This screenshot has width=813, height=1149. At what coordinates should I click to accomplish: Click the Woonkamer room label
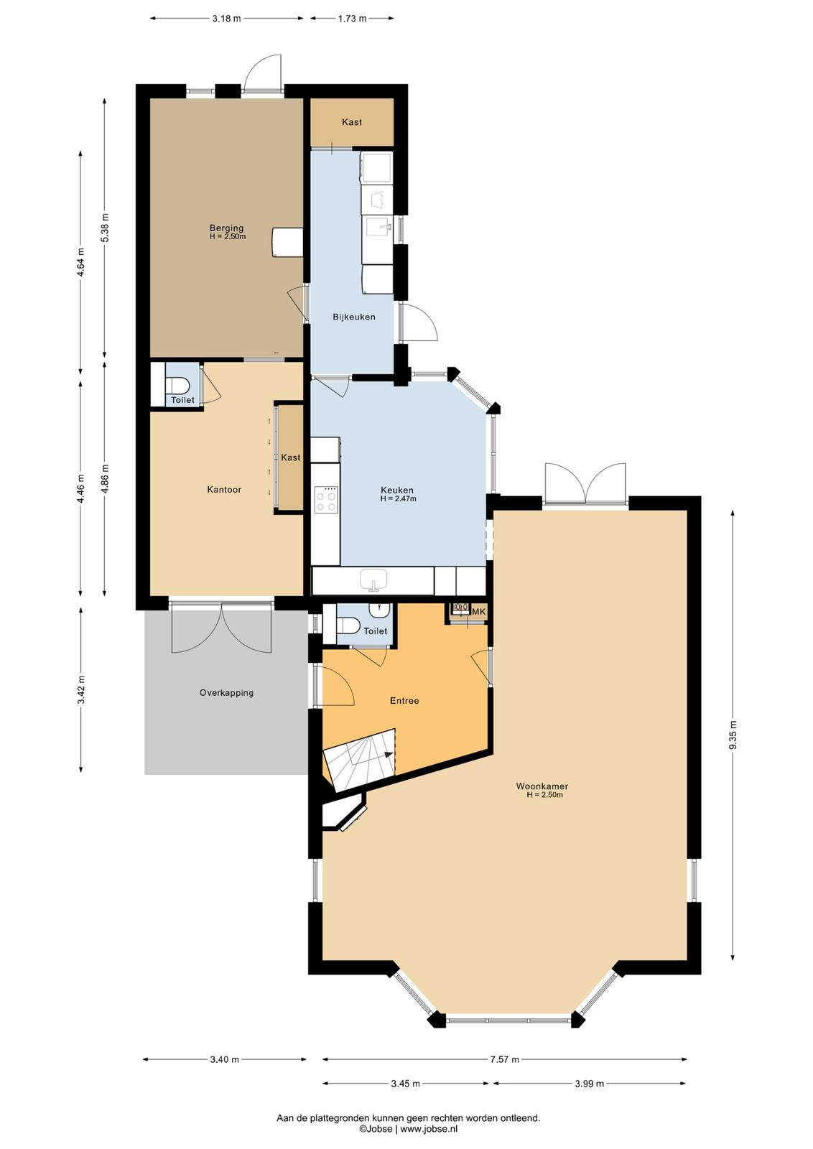point(542,786)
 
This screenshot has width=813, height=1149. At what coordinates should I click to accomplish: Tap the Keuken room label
point(397,490)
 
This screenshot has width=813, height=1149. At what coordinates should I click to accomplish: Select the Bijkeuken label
point(354,317)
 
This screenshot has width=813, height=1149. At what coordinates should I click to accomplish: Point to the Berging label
point(226,228)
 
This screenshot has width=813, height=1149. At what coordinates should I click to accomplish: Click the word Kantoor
point(224,489)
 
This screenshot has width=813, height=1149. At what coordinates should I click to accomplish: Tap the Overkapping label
point(226,692)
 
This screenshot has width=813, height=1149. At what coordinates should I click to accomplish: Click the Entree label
point(405,700)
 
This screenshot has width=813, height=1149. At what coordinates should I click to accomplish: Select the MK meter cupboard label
point(478,611)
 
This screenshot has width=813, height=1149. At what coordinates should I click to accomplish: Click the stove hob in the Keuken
point(327,500)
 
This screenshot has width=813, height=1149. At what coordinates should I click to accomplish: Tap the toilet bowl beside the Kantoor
point(179,385)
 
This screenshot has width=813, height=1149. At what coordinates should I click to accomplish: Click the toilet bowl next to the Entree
point(349,625)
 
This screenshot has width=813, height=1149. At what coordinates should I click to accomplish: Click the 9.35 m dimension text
point(733,735)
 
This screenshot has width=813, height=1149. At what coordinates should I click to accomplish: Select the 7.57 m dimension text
point(505,1059)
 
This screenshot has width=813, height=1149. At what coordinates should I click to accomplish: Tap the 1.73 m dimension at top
point(352,19)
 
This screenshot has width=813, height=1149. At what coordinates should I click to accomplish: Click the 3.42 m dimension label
point(81,690)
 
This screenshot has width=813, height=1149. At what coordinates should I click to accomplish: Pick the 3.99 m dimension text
point(590,1084)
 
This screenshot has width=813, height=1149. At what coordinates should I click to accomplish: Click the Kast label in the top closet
point(351,122)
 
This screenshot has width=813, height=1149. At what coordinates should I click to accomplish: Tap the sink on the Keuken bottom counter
point(373,580)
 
